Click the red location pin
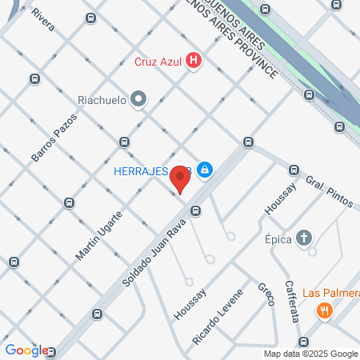[180, 179]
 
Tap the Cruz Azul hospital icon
[193, 60]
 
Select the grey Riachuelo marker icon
[138, 100]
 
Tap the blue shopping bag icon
[206, 169]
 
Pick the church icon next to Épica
[303, 238]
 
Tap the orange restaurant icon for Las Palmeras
[324, 310]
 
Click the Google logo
[26, 350]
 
